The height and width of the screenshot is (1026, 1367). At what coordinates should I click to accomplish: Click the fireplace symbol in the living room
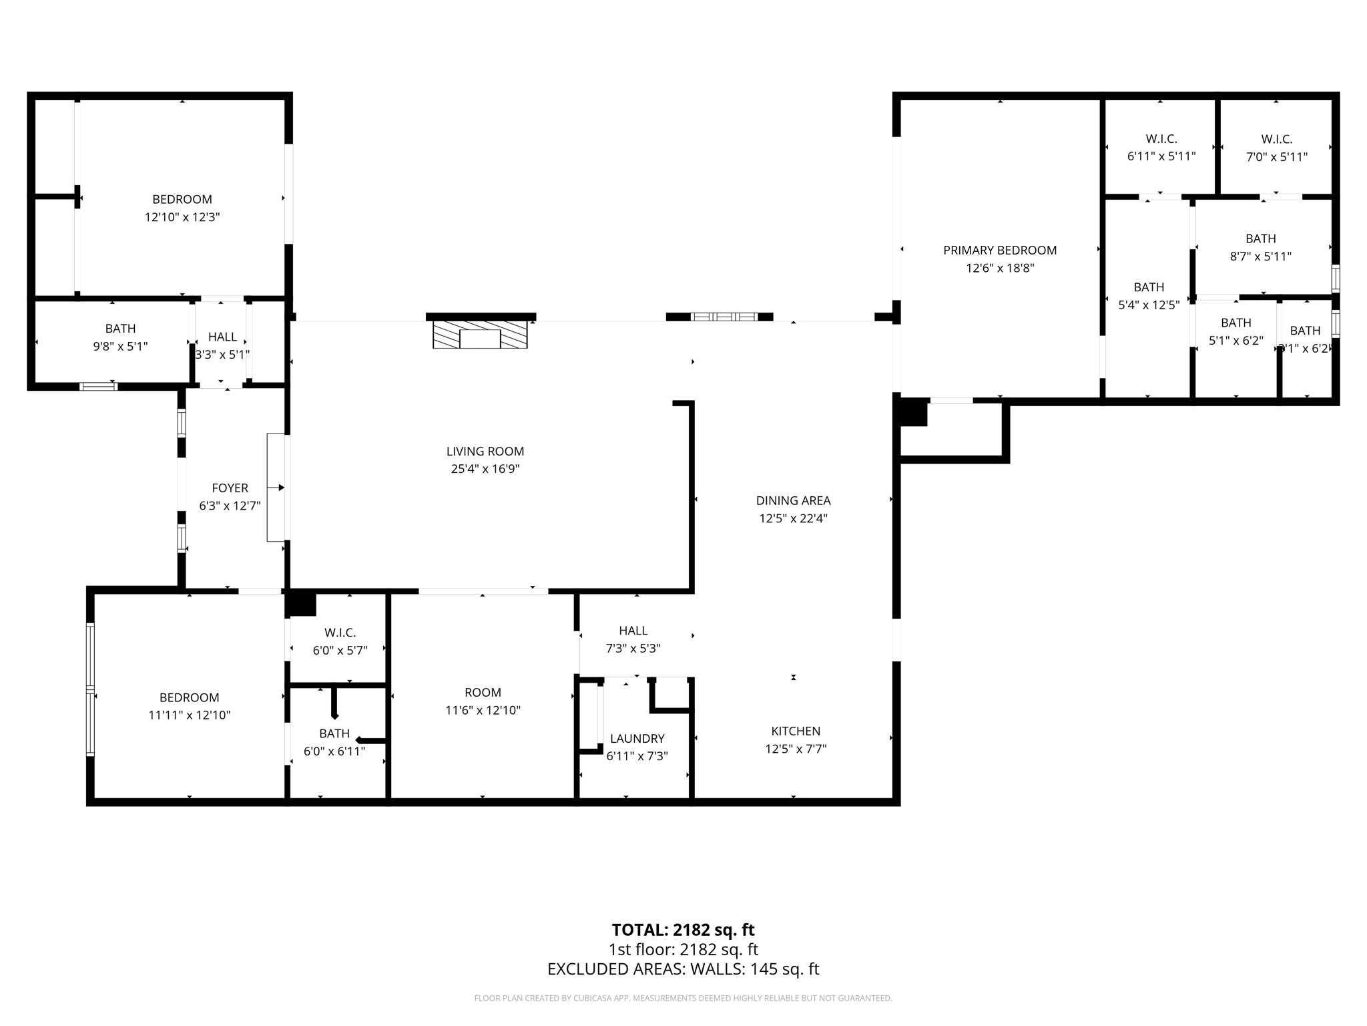pyautogui.click(x=480, y=334)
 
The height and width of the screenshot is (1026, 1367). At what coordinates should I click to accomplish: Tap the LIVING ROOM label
pyautogui.click(x=485, y=452)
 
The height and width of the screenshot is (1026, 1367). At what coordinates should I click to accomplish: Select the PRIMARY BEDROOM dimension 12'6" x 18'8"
pyautogui.click(x=1000, y=268)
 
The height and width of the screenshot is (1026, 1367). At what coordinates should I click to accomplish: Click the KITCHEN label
pyautogui.click(x=796, y=731)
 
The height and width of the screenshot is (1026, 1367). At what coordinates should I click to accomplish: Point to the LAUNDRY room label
pyautogui.click(x=637, y=738)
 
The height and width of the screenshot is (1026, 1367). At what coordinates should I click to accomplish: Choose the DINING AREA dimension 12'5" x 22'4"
pyautogui.click(x=793, y=518)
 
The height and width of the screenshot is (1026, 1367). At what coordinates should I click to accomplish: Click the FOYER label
pyautogui.click(x=230, y=488)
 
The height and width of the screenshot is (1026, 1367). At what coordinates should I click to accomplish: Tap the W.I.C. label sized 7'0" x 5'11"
pyautogui.click(x=1276, y=139)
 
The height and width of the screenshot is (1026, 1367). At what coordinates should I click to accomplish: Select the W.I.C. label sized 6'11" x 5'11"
pyautogui.click(x=1161, y=139)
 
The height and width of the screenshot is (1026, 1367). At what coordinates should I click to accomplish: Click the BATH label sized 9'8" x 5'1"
pyautogui.click(x=120, y=329)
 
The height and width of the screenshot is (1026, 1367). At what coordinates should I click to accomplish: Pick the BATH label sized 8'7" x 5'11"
pyautogui.click(x=1260, y=238)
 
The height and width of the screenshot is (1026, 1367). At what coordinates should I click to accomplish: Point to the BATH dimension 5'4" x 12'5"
pyautogui.click(x=1149, y=305)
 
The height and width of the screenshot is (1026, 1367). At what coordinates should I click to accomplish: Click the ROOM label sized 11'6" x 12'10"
pyautogui.click(x=483, y=693)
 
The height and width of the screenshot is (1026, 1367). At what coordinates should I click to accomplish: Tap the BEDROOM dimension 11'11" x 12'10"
pyautogui.click(x=189, y=715)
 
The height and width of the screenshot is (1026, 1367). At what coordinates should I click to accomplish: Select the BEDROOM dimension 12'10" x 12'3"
pyautogui.click(x=182, y=217)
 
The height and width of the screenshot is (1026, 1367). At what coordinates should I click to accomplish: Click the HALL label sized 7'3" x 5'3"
pyautogui.click(x=633, y=631)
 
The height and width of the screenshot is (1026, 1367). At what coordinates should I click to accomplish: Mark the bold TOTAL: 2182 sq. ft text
pyautogui.click(x=683, y=930)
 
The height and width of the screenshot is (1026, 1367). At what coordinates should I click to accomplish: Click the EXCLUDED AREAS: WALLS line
pyautogui.click(x=683, y=969)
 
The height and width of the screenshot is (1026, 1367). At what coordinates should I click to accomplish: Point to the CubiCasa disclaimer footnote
pyautogui.click(x=683, y=998)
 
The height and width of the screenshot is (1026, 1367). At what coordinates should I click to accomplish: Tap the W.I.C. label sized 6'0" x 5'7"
pyautogui.click(x=340, y=633)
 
